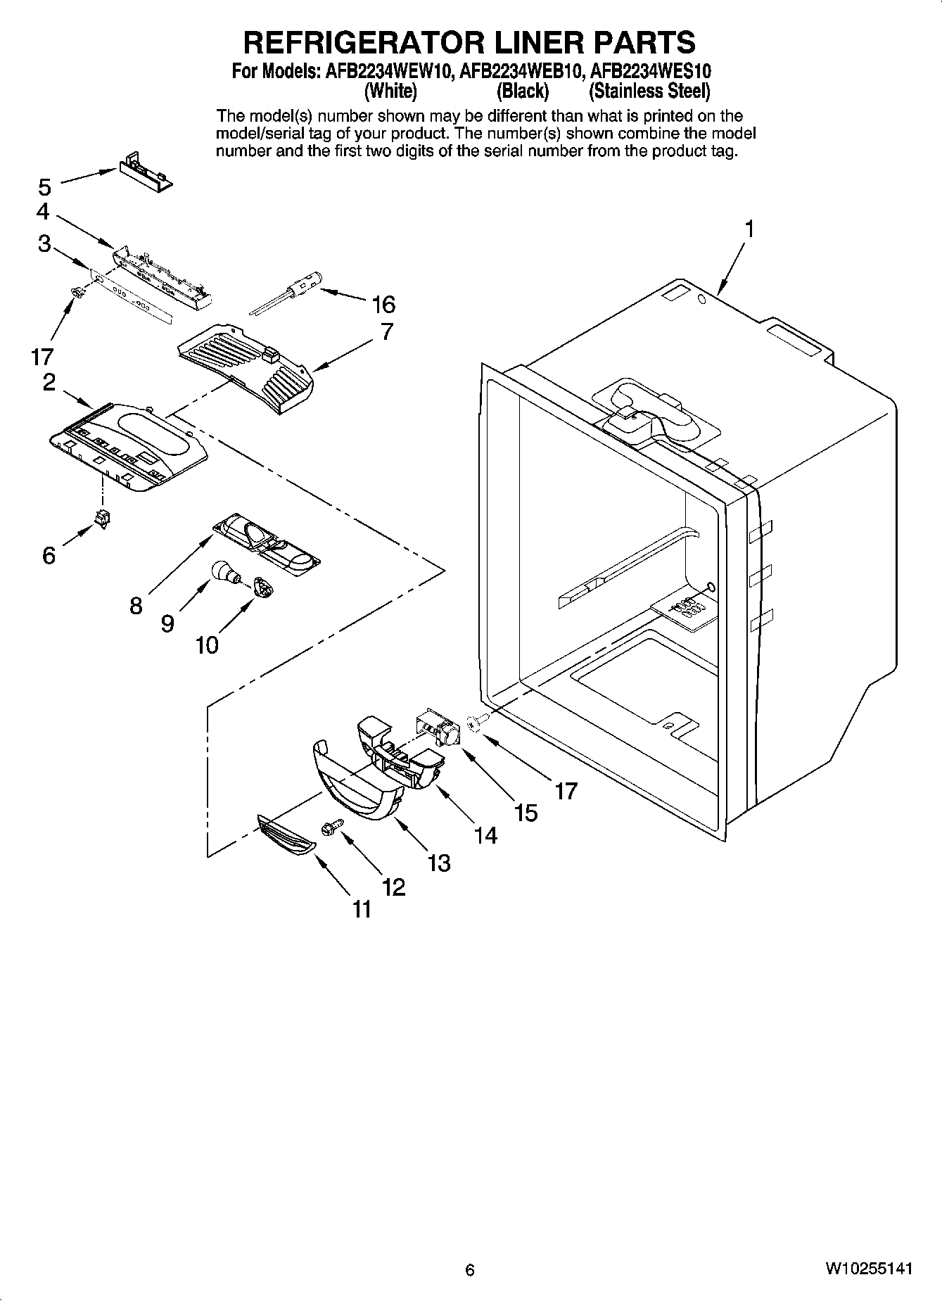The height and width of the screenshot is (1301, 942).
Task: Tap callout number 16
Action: point(383,305)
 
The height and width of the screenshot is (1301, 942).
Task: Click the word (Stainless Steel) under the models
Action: point(649,91)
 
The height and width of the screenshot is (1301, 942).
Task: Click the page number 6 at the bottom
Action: point(470,1270)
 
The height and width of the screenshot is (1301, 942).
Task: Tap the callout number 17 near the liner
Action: point(566,791)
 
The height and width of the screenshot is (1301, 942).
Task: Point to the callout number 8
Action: point(136,605)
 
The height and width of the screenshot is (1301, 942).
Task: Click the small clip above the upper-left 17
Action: point(78,291)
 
